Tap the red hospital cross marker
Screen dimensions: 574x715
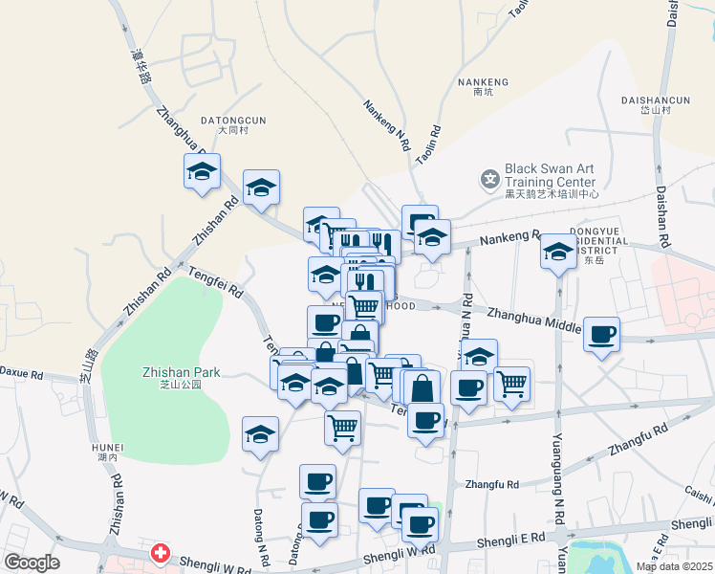pos(161,554)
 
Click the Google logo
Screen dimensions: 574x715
pos(32,563)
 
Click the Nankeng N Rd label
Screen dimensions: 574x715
pos(387,127)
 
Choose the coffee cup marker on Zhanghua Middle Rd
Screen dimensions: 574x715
pos(602,335)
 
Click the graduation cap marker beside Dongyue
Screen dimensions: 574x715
pos(557,253)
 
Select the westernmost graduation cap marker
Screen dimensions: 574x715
pos(203,171)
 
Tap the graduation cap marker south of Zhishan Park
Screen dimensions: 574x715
pos(261,433)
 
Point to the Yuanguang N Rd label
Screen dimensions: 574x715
pos(556,469)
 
